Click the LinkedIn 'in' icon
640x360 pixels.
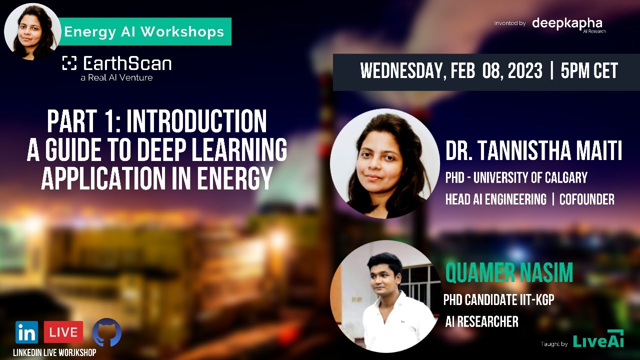(26, 332)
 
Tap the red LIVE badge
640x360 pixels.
(63, 332)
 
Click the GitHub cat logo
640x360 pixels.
(106, 332)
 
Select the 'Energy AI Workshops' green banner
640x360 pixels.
(144, 32)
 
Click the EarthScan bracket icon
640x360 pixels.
(69, 63)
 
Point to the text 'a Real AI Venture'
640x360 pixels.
(116, 77)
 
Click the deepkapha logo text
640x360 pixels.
(567, 23)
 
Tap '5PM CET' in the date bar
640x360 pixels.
(589, 71)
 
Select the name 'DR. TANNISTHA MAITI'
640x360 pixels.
(533, 151)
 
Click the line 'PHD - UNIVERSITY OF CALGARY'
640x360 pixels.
(516, 177)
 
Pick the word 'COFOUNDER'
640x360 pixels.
(586, 199)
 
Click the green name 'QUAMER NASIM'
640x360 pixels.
(509, 273)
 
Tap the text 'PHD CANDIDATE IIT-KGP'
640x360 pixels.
(498, 300)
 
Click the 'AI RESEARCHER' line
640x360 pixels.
(481, 322)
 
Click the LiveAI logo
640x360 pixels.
(598, 341)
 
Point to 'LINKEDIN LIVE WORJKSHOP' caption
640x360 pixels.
(54, 352)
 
